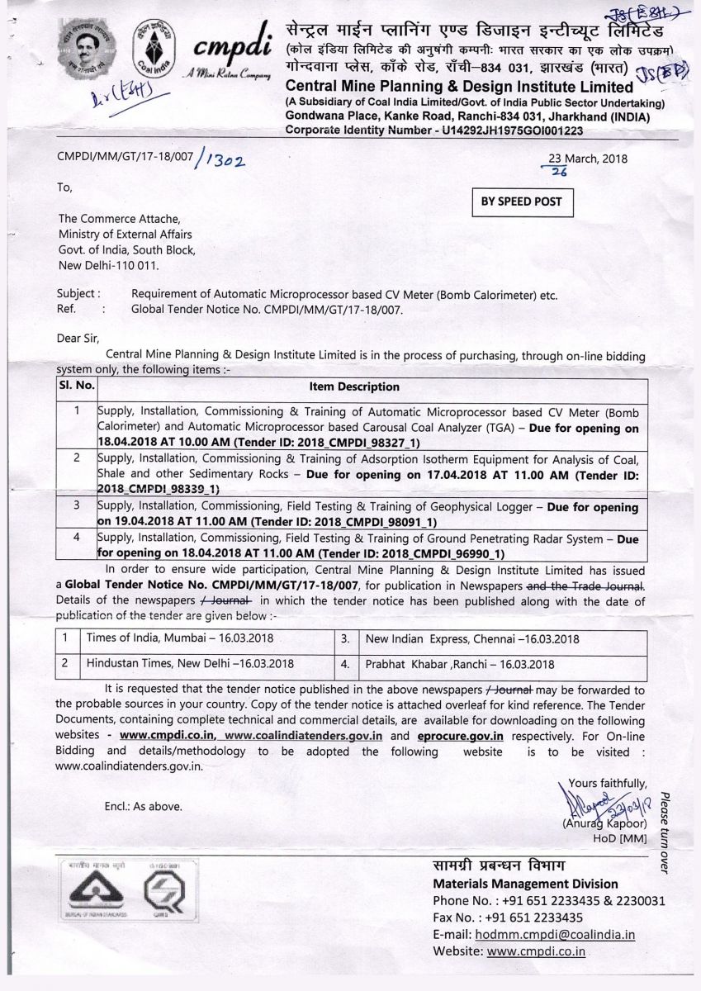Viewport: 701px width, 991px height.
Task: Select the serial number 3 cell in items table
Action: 77,506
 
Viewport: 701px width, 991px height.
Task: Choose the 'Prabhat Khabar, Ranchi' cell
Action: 472,663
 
